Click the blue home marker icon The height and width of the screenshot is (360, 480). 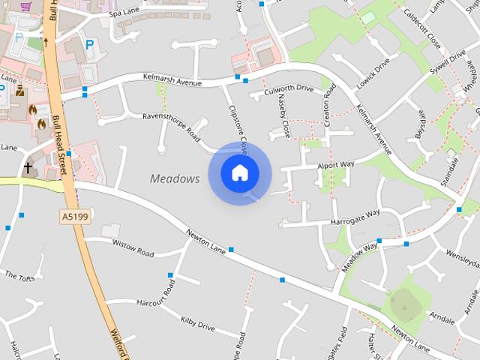pos(239,173)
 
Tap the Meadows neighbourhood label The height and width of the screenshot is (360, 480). pos(175,178)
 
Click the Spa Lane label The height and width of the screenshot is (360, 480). pos(124,13)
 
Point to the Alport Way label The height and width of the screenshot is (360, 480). pos(335,163)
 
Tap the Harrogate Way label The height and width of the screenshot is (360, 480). pos(355,217)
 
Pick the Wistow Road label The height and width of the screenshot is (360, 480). pos(133,247)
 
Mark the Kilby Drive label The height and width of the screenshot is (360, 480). pos(197,324)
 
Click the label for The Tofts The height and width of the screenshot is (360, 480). pos(20,275)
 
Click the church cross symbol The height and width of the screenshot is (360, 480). pos(28,167)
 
